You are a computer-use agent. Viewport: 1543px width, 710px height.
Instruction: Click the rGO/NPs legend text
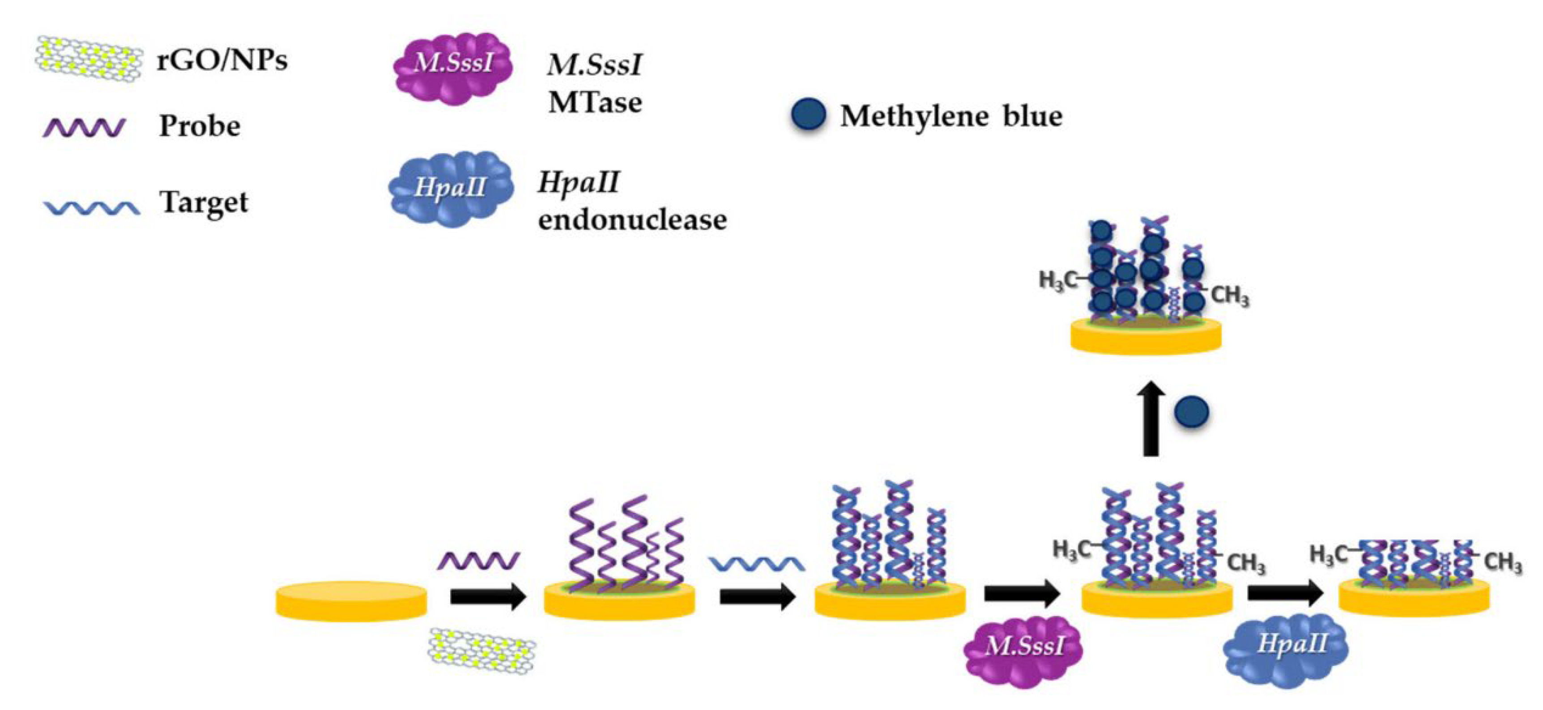click(x=222, y=60)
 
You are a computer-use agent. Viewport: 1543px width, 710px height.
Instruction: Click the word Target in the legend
click(x=204, y=203)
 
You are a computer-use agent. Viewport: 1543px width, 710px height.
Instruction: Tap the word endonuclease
click(x=632, y=219)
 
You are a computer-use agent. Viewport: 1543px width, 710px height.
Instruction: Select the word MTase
click(x=595, y=102)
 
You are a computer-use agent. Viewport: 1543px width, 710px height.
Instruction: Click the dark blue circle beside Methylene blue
click(x=808, y=115)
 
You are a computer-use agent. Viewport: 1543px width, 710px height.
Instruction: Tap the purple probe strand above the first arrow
click(x=478, y=561)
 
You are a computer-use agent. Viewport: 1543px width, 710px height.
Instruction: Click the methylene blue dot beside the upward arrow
click(x=1191, y=412)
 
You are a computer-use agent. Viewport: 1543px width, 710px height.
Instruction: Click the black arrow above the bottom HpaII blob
click(x=1285, y=593)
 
